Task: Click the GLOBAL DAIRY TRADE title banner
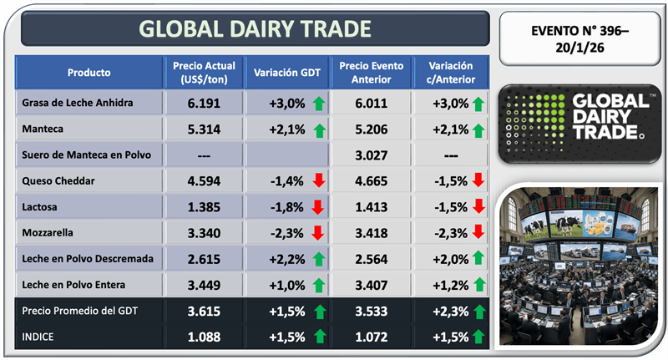pos(255,29)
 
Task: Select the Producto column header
pos(89,72)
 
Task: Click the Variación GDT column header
pos(287,72)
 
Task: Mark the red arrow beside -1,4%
pos(316,181)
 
